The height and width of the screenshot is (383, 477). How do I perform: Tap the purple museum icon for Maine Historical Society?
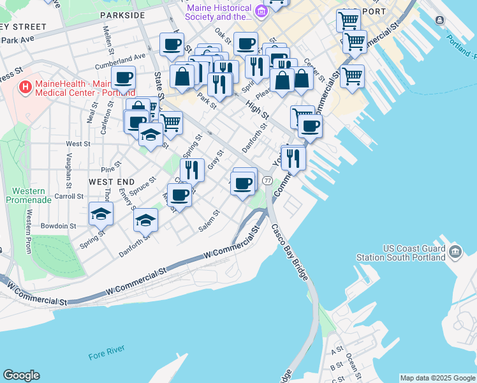click(x=261, y=11)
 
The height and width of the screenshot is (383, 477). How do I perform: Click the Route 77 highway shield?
click(x=267, y=181)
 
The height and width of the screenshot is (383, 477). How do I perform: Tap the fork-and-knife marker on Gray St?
click(x=192, y=169)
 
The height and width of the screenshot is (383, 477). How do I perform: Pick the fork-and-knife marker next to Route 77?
click(x=293, y=157)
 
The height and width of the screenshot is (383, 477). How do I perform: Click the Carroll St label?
click(x=70, y=196)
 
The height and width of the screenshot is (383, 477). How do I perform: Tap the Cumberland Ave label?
click(x=121, y=60)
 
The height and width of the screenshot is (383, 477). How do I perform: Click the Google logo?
click(x=21, y=375)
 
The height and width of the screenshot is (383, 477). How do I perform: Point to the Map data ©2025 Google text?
click(x=437, y=378)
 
